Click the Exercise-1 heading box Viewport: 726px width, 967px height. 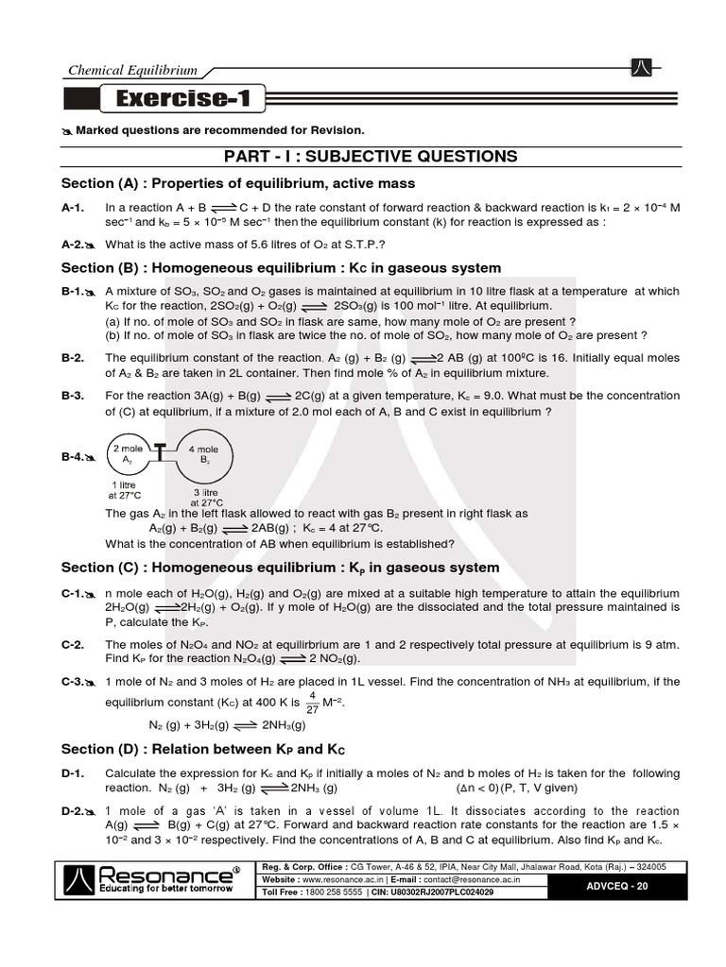coord(183,97)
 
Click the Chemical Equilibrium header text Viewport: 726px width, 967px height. coord(131,70)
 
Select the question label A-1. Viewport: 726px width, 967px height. coord(74,207)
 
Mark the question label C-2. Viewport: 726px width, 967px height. coord(74,644)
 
